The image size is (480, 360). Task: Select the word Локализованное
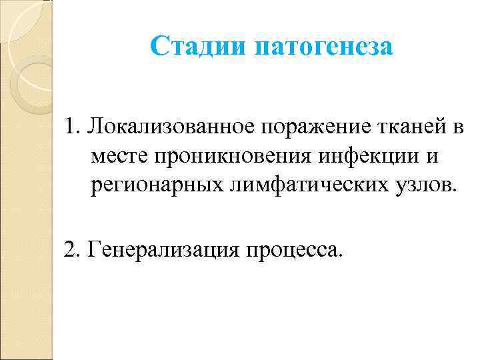(x=170, y=127)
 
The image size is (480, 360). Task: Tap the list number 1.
(x=71, y=127)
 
